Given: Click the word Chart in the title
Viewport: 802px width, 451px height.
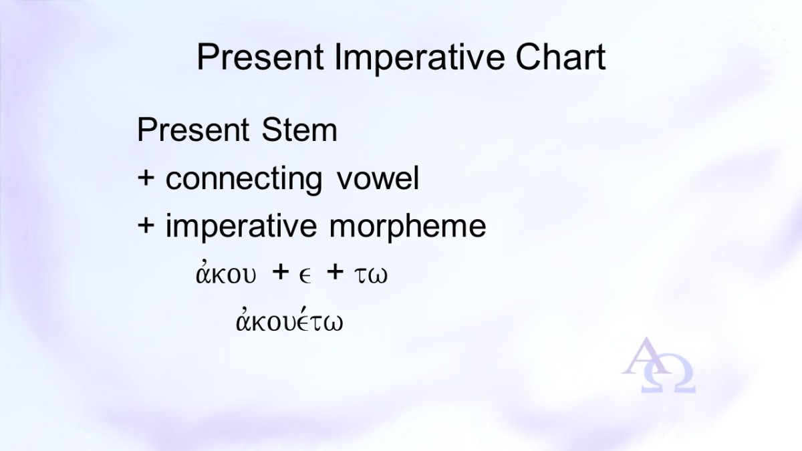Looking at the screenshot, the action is [x=561, y=57].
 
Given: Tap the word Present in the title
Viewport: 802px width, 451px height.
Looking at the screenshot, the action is [x=261, y=57].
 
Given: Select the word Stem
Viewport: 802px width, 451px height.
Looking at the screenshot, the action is [x=299, y=129].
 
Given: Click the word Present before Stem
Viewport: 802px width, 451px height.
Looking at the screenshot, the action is [x=193, y=129].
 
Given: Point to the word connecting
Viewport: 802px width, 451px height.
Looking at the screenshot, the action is [x=244, y=179].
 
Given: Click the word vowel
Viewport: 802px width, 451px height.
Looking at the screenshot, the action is [x=378, y=177].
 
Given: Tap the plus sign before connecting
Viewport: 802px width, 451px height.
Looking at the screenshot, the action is [x=146, y=178].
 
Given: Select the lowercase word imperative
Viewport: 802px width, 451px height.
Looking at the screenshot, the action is [x=241, y=227].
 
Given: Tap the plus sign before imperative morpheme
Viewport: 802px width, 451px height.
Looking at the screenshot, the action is [x=146, y=226].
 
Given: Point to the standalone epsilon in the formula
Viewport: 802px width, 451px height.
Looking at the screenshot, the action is [x=305, y=277].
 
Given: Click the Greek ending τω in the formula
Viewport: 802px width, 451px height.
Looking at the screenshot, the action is [x=371, y=275].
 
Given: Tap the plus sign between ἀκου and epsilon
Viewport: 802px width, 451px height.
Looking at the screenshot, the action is [x=281, y=271].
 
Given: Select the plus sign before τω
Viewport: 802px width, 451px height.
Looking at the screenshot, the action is [x=335, y=271].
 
